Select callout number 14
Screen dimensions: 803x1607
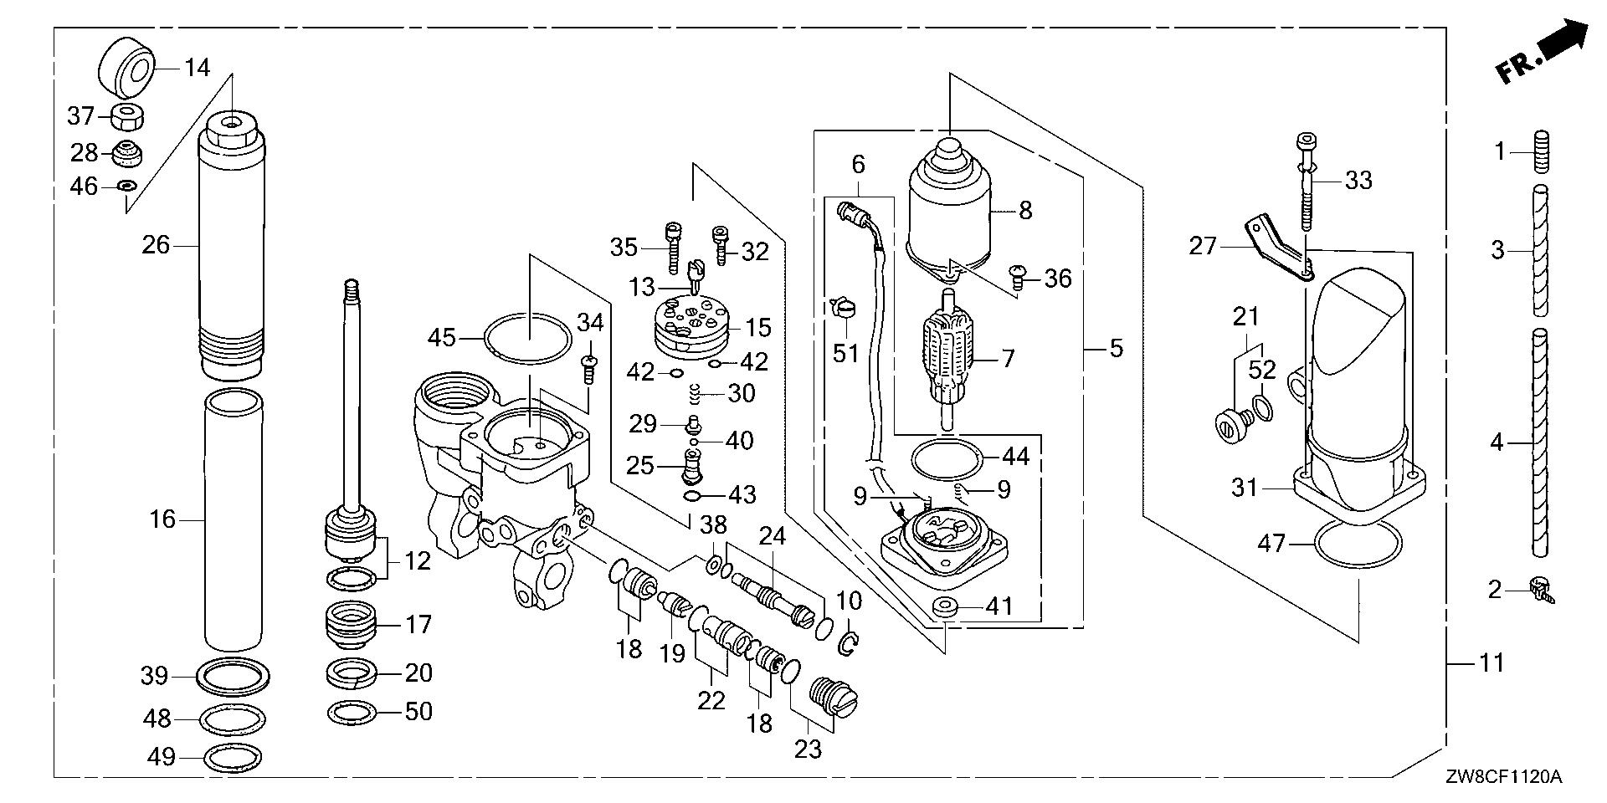coord(198,67)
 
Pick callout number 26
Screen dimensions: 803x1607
coord(156,245)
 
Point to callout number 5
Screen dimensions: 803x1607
coord(1117,348)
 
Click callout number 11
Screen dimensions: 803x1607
coord(1491,663)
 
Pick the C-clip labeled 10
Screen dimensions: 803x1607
coord(847,643)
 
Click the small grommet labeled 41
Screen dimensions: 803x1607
coord(947,606)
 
